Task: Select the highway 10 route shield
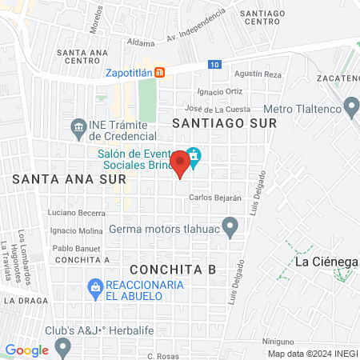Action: pyautogui.click(x=214, y=64)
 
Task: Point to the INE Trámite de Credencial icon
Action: pyautogui.click(x=78, y=126)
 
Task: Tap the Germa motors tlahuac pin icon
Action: pyautogui.click(x=230, y=226)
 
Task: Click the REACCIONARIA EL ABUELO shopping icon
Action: pyautogui.click(x=95, y=286)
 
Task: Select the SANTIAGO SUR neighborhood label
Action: pyautogui.click(x=224, y=124)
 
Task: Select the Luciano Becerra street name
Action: pyautogui.click(x=77, y=213)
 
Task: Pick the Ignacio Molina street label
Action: pyautogui.click(x=76, y=230)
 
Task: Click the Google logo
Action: pyautogui.click(x=26, y=350)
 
